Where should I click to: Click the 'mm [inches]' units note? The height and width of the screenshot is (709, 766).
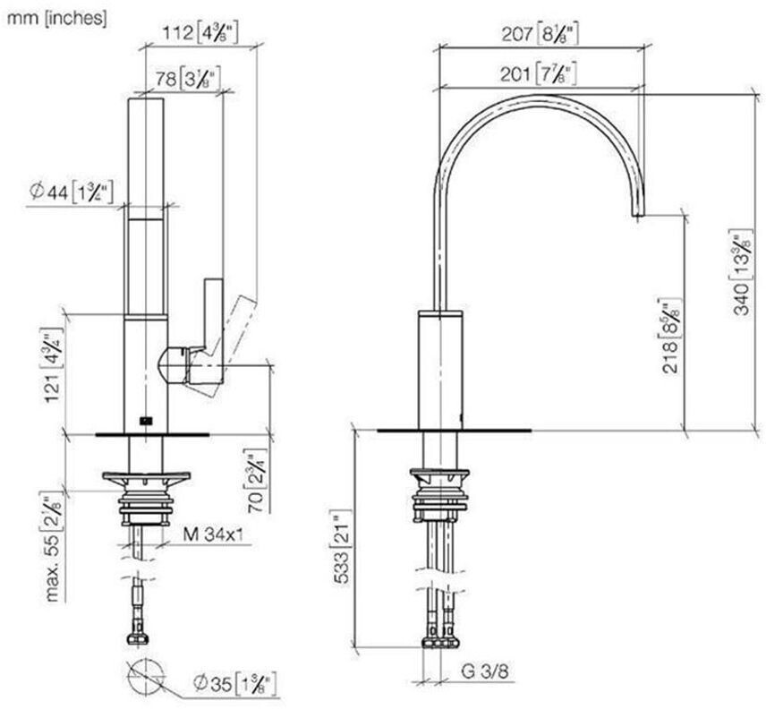click(x=55, y=16)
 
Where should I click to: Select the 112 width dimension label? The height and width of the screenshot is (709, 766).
click(x=196, y=34)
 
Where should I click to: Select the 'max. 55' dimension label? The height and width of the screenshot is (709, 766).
click(x=54, y=546)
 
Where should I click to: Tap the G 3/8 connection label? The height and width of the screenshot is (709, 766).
click(x=486, y=670)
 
